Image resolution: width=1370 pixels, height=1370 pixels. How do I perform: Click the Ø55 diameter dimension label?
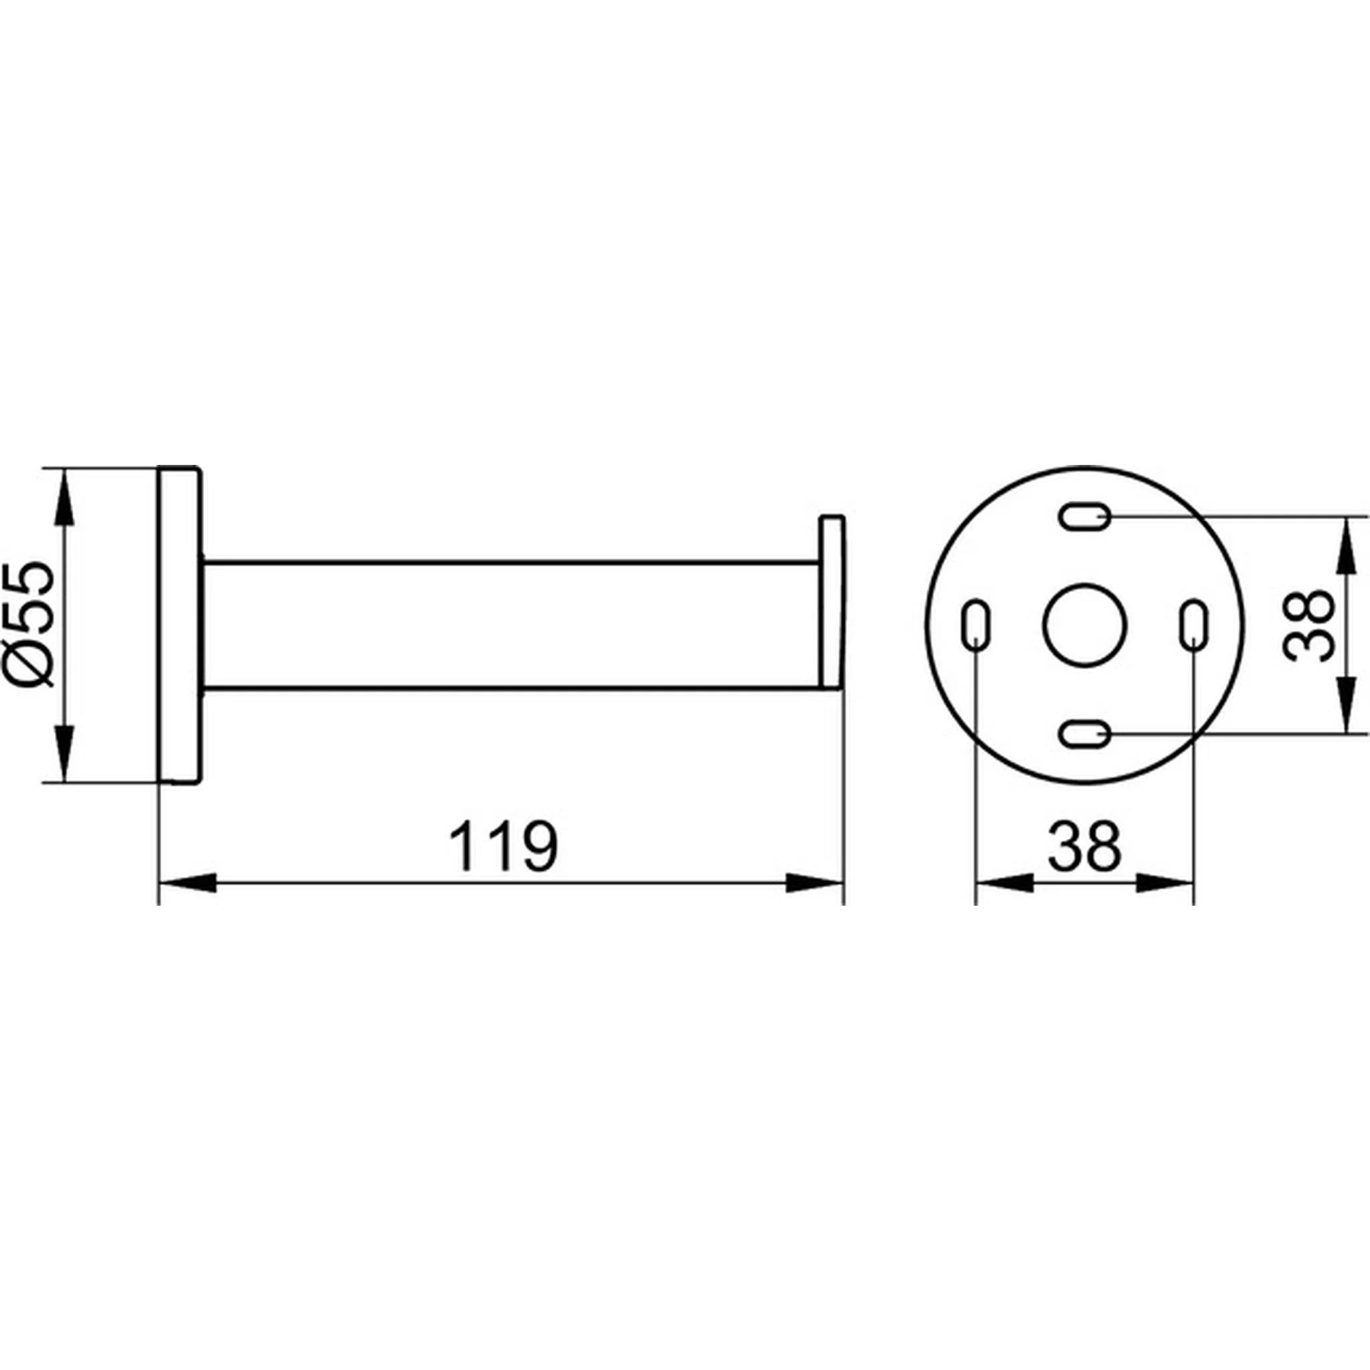tap(31, 625)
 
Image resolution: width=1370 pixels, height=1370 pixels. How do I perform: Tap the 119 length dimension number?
tap(504, 847)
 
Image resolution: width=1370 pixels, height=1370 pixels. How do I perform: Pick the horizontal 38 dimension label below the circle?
tap(1085, 847)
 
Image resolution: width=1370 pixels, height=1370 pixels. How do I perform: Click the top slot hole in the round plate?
tap(1085, 516)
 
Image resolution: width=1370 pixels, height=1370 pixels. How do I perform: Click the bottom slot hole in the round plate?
tap(1085, 733)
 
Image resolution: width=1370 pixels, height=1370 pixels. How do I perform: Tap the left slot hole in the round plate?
tap(976, 625)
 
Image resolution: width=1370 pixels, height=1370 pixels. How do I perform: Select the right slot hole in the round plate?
tap(1194, 625)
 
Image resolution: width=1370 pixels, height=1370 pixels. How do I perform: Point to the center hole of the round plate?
tap(1085, 625)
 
